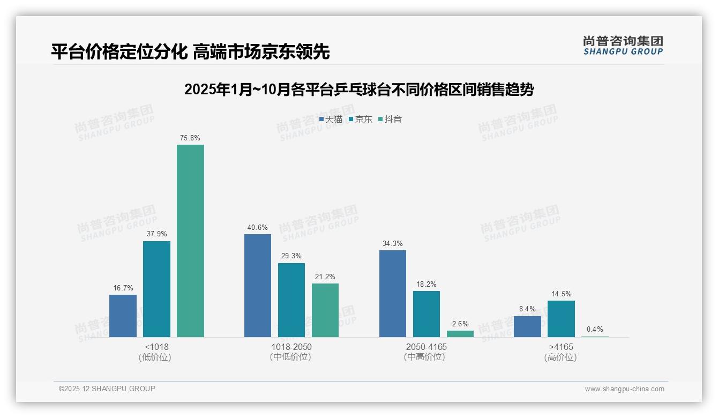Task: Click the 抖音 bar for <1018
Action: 190,241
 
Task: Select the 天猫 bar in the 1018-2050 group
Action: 258,286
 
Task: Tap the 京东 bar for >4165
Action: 561,319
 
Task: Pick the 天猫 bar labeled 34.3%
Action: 393,294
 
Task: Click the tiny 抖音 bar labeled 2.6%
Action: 460,334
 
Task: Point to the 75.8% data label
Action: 190,138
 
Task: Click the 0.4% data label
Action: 595,330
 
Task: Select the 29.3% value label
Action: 291,256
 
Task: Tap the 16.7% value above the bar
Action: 123,288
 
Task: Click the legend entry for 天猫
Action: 331,119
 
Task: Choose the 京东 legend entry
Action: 360,119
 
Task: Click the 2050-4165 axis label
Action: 426,347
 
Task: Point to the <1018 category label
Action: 156,347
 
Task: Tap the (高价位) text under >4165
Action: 560,357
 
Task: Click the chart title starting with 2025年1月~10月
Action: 359,89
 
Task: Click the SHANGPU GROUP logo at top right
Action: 623,46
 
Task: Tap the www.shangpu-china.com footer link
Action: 624,389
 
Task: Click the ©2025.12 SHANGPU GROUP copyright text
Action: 107,389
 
